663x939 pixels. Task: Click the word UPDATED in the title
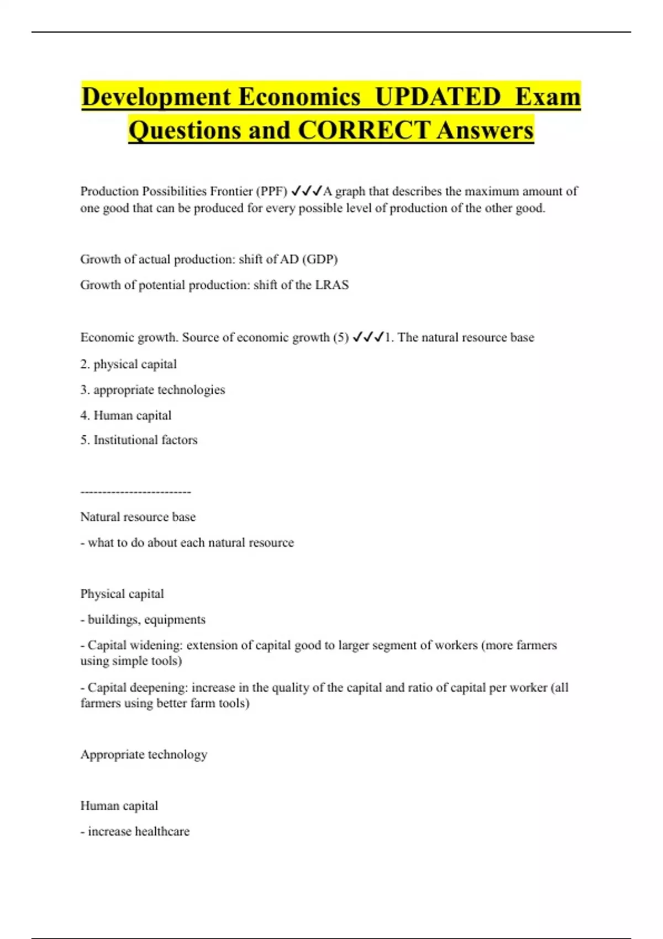tap(438, 97)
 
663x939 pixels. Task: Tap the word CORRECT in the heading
tap(364, 130)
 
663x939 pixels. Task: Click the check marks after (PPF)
tap(306, 191)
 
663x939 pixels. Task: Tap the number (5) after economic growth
tap(341, 337)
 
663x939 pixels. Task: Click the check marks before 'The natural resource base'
tap(368, 337)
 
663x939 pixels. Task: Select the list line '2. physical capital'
tap(128, 364)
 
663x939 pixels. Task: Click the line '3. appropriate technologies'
tap(152, 390)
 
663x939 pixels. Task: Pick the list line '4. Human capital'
tap(125, 415)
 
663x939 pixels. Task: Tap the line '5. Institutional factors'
tap(139, 440)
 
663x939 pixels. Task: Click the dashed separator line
tap(135, 492)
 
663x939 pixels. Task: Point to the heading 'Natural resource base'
tap(138, 517)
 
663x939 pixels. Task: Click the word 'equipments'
tap(175, 620)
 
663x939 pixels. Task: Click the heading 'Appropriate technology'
tap(144, 755)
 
